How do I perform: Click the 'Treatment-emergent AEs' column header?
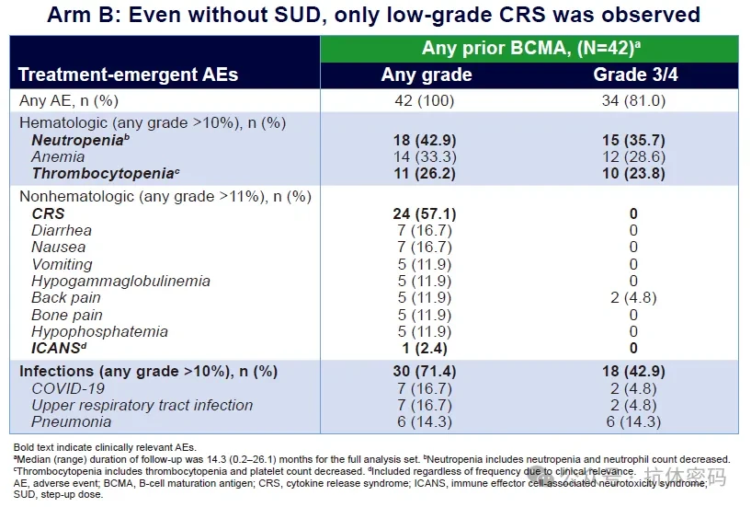128,75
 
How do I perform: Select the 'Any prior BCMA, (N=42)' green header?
531,49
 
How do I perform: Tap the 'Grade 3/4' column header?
635,75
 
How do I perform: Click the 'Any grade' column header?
427,75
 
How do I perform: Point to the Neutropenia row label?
80,140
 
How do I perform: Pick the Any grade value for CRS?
425,213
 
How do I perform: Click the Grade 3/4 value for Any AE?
633,100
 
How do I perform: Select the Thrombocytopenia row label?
106,173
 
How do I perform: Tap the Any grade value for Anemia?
425,156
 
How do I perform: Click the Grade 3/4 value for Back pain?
633,298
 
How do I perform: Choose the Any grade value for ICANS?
425,348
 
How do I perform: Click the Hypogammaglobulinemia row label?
120,281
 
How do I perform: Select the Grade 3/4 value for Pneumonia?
633,422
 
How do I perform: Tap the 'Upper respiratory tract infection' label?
142,405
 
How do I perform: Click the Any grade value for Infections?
425,371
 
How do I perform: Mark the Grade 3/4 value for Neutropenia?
633,140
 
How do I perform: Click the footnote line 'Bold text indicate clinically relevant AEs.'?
105,447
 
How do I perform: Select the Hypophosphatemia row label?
99,331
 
